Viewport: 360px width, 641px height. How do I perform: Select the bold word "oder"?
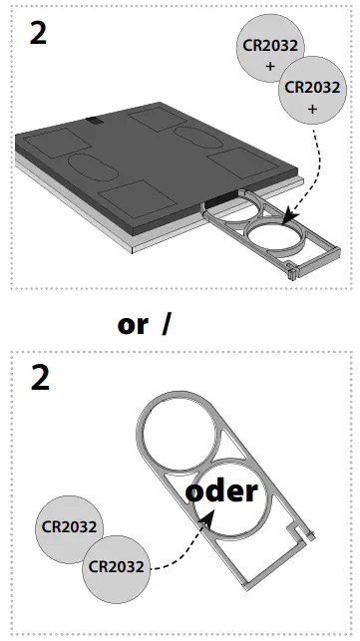(220, 490)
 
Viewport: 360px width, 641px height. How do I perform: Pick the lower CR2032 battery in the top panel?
(312, 92)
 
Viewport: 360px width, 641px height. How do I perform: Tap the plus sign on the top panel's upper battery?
(270, 66)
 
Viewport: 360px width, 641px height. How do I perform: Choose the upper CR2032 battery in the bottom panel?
(68, 526)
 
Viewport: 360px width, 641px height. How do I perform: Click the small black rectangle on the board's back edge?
(93, 121)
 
